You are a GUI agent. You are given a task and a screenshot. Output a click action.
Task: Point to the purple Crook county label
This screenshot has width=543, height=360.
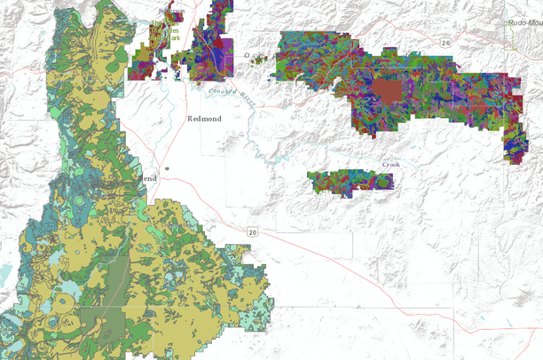pos(391,164)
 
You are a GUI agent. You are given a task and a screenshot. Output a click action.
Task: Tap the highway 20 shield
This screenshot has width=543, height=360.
pos(252,232)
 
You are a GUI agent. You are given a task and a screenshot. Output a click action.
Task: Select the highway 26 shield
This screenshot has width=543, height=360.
pos(445,43)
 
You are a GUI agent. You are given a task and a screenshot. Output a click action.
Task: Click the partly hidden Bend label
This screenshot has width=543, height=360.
pos(149,178)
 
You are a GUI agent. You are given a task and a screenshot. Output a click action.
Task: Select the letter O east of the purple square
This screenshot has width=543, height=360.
pos(250,59)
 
